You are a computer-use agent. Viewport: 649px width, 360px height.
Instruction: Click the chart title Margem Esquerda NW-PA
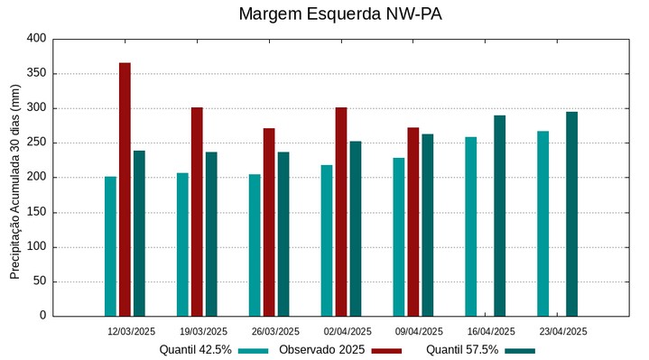point(339,14)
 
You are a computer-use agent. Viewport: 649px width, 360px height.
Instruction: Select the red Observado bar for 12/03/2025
point(125,189)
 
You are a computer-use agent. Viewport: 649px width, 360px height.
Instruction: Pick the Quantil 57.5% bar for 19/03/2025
point(211,234)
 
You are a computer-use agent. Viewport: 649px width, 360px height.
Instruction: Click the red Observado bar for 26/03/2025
point(269,222)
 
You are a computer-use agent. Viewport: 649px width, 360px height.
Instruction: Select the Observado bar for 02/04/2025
point(341,212)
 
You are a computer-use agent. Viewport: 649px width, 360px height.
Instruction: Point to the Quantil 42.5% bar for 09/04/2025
point(399,237)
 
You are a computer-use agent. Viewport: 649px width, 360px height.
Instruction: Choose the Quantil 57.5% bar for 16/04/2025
point(500,216)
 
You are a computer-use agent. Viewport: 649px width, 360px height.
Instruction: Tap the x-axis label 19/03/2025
point(203,331)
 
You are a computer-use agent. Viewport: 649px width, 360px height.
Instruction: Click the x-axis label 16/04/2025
point(491,331)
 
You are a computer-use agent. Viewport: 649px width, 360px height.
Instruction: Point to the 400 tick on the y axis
point(36,39)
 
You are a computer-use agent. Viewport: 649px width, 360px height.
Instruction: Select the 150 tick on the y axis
point(36,212)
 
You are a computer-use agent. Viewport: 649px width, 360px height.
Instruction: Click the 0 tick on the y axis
point(42,316)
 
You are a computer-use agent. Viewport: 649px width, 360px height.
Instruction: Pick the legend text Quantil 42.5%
point(195,350)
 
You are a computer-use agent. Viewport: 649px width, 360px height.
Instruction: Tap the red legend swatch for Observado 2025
point(386,350)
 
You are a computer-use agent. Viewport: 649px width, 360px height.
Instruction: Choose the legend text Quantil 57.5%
point(462,350)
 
